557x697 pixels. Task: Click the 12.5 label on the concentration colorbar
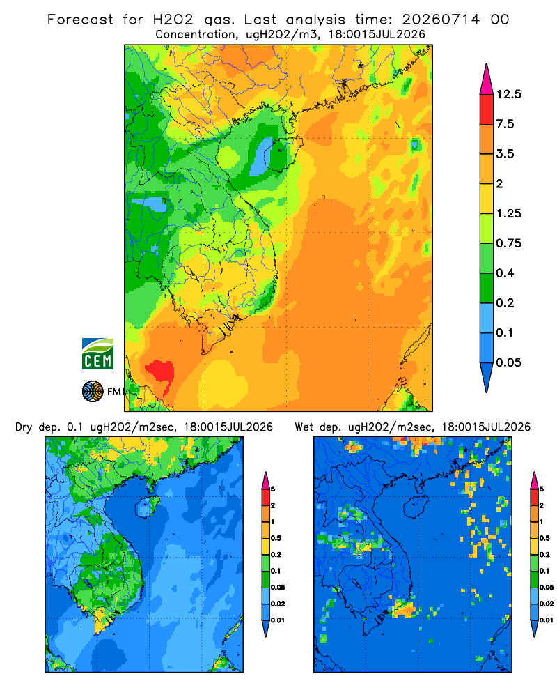click(x=508, y=94)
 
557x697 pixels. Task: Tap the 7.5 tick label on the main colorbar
click(x=505, y=124)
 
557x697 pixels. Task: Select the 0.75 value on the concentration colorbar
click(x=508, y=243)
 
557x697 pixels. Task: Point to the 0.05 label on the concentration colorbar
click(x=508, y=362)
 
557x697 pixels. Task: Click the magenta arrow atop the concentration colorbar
click(x=487, y=80)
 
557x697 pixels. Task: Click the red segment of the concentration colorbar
click(x=487, y=109)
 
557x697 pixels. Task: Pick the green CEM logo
click(x=97, y=354)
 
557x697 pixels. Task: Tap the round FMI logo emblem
click(x=93, y=391)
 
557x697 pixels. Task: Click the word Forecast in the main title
click(x=80, y=20)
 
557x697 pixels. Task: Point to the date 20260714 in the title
click(x=441, y=20)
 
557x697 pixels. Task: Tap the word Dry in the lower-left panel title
click(x=24, y=427)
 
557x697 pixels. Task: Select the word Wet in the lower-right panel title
click(x=304, y=427)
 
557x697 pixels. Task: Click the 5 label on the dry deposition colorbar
click(x=273, y=489)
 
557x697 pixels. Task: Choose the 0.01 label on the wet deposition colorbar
click(x=547, y=620)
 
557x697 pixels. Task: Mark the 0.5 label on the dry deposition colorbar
click(x=276, y=538)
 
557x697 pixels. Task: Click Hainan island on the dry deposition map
click(x=147, y=507)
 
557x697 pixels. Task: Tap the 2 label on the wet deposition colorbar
click(x=542, y=505)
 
